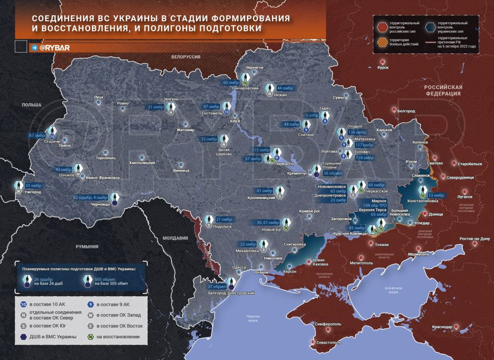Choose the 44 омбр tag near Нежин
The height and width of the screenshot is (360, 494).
click(x=286, y=88)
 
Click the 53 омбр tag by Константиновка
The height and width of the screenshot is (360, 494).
click(x=436, y=196)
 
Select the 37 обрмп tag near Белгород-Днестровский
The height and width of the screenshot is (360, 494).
click(x=217, y=286)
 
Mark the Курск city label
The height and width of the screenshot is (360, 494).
click(x=383, y=68)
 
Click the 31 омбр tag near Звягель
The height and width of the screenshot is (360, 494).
click(x=156, y=107)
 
